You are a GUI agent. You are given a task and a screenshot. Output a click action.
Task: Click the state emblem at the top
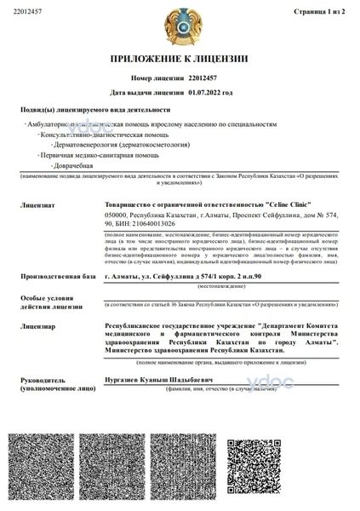point(180,26)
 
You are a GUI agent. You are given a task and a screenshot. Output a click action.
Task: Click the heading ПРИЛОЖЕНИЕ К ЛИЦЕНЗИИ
point(179,59)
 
